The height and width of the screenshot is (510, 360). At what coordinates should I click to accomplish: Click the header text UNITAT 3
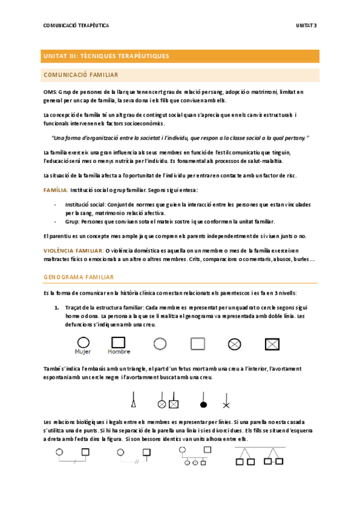coord(307,25)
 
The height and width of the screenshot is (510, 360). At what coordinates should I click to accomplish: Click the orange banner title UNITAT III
coord(106,56)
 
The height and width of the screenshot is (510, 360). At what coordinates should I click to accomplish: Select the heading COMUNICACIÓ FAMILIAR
coord(81,75)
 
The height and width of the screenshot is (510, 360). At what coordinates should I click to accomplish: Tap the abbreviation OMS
coord(50,91)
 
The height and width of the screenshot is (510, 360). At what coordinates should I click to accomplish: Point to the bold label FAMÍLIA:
coord(55,189)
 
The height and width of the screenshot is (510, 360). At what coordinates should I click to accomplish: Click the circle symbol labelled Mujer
coord(83,342)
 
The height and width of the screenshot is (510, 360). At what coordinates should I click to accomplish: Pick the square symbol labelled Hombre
coord(118,342)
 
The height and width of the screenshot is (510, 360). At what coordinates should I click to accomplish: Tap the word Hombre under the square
coord(118,352)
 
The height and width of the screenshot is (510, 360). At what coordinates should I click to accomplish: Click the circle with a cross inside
coord(234,344)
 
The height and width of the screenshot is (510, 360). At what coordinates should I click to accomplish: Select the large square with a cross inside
coord(272,344)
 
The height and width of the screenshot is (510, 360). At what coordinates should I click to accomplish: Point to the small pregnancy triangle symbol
coord(133,398)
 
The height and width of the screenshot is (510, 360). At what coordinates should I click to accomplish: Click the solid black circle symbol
coord(204,402)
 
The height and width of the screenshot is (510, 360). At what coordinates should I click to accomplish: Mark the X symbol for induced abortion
coord(226,402)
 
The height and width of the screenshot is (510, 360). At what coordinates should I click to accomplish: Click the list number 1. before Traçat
coord(56,307)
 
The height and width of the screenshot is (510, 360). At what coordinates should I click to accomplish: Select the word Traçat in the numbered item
coord(74,307)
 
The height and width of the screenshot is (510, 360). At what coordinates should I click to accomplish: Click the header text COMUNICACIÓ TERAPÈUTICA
coord(76,25)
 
